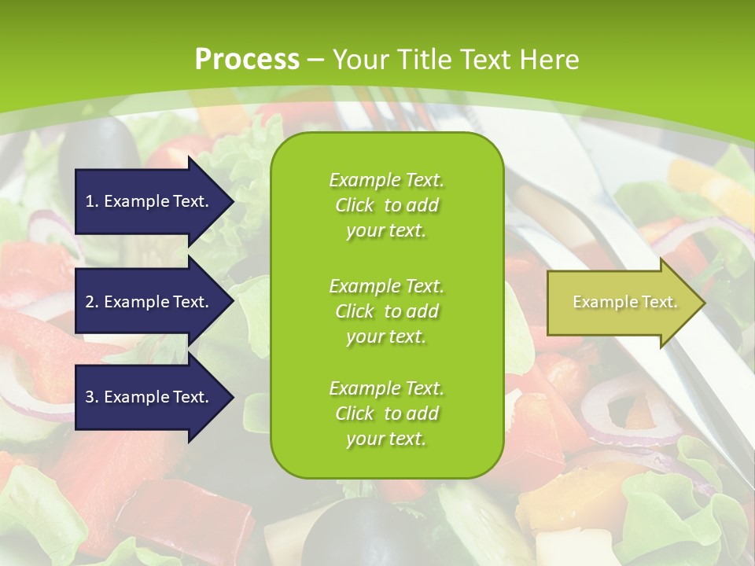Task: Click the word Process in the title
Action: click(246, 60)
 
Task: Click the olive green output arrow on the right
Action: click(621, 303)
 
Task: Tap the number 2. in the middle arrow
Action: click(92, 302)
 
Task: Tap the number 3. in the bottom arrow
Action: click(92, 397)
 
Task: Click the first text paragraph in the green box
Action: click(386, 205)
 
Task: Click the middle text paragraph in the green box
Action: click(386, 311)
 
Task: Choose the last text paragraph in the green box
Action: click(386, 413)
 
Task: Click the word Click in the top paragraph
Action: click(355, 205)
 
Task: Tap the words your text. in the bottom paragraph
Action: click(386, 439)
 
